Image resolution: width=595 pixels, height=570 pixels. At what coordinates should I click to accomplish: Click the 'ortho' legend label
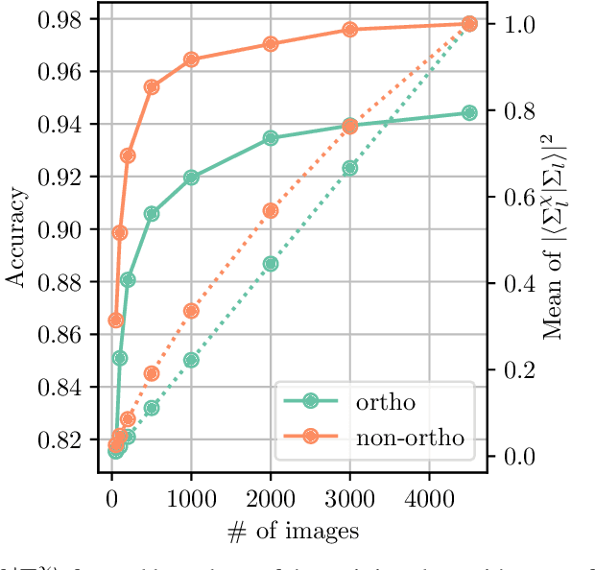[385, 402]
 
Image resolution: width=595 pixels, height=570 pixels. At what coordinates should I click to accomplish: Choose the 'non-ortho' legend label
[410, 438]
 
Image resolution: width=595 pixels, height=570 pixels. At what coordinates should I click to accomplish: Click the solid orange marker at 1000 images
[191, 59]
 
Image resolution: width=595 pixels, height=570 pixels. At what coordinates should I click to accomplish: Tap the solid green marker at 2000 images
[271, 138]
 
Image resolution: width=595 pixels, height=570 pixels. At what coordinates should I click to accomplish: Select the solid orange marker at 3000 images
[350, 30]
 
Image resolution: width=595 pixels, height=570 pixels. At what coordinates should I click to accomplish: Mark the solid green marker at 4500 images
[469, 112]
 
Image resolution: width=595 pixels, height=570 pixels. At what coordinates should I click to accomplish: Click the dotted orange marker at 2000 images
[271, 210]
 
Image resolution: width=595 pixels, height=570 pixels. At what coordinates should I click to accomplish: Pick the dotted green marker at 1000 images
[191, 360]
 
